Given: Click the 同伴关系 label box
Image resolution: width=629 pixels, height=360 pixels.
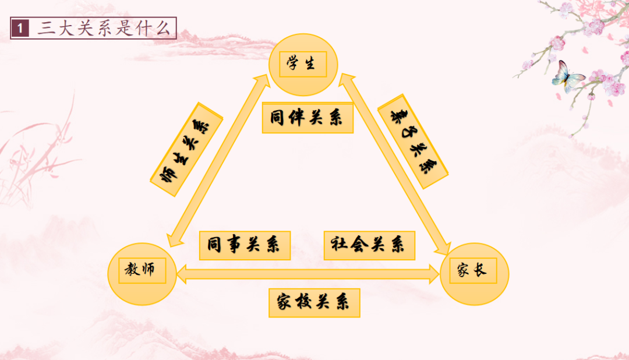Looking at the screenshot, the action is click(x=308, y=118).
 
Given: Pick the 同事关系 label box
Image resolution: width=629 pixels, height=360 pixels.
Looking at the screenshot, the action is click(x=245, y=245).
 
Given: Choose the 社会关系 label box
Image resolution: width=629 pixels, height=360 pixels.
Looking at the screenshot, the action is click(x=369, y=245).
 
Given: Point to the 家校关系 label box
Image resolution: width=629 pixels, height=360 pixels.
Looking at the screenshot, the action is click(x=314, y=302).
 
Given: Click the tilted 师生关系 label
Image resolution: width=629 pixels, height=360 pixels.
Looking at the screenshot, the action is click(x=186, y=150).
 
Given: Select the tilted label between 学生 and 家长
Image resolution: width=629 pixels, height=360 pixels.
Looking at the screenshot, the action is click(x=413, y=142).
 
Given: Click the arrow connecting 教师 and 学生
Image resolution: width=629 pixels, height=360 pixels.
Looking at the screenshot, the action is click(x=218, y=161).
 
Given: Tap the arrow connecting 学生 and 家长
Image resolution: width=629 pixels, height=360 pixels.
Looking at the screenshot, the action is click(x=394, y=164).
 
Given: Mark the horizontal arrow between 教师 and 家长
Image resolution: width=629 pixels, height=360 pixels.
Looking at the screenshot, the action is click(x=308, y=274).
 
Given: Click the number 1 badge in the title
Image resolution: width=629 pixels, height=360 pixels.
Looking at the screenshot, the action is click(x=20, y=28).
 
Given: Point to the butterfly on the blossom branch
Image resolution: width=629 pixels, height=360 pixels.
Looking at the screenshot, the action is click(x=567, y=76).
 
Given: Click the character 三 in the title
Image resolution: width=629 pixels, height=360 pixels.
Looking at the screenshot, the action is click(x=47, y=29).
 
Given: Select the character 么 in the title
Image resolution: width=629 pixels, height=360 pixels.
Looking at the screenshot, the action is click(x=163, y=29).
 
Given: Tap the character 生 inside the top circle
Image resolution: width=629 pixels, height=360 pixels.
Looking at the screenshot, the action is click(x=310, y=63).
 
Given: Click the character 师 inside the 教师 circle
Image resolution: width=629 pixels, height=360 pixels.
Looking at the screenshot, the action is click(x=148, y=269).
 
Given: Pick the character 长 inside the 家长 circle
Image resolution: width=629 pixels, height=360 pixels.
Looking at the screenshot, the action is click(x=480, y=270).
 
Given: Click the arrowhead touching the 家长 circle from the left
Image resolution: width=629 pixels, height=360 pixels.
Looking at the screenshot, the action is click(x=434, y=274).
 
